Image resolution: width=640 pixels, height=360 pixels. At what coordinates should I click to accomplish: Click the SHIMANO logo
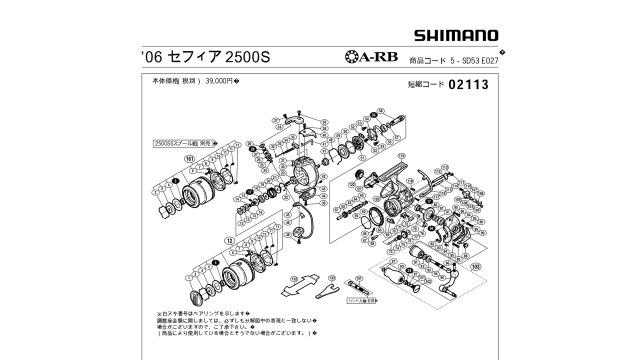click(x=456, y=35)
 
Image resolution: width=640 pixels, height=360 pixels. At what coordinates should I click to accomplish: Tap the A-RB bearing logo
click(x=371, y=56)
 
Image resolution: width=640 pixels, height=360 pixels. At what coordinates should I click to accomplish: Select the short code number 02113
click(x=468, y=85)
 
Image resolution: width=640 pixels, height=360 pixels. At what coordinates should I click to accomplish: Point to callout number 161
click(x=189, y=159)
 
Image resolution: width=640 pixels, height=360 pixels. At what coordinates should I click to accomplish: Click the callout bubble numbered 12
click(x=230, y=240)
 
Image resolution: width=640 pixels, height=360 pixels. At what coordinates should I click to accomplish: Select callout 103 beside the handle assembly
click(x=475, y=266)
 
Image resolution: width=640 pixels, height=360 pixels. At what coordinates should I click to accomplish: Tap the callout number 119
click(x=401, y=155)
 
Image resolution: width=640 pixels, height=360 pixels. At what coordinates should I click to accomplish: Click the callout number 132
click(x=294, y=279)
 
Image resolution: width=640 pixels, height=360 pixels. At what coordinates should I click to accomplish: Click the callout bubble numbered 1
click(x=188, y=277)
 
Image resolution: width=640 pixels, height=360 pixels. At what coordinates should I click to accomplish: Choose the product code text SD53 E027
click(x=482, y=61)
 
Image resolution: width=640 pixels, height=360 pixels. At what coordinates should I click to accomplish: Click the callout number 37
click(x=275, y=120)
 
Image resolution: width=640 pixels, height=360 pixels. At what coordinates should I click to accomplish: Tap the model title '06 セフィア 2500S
click(x=205, y=57)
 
